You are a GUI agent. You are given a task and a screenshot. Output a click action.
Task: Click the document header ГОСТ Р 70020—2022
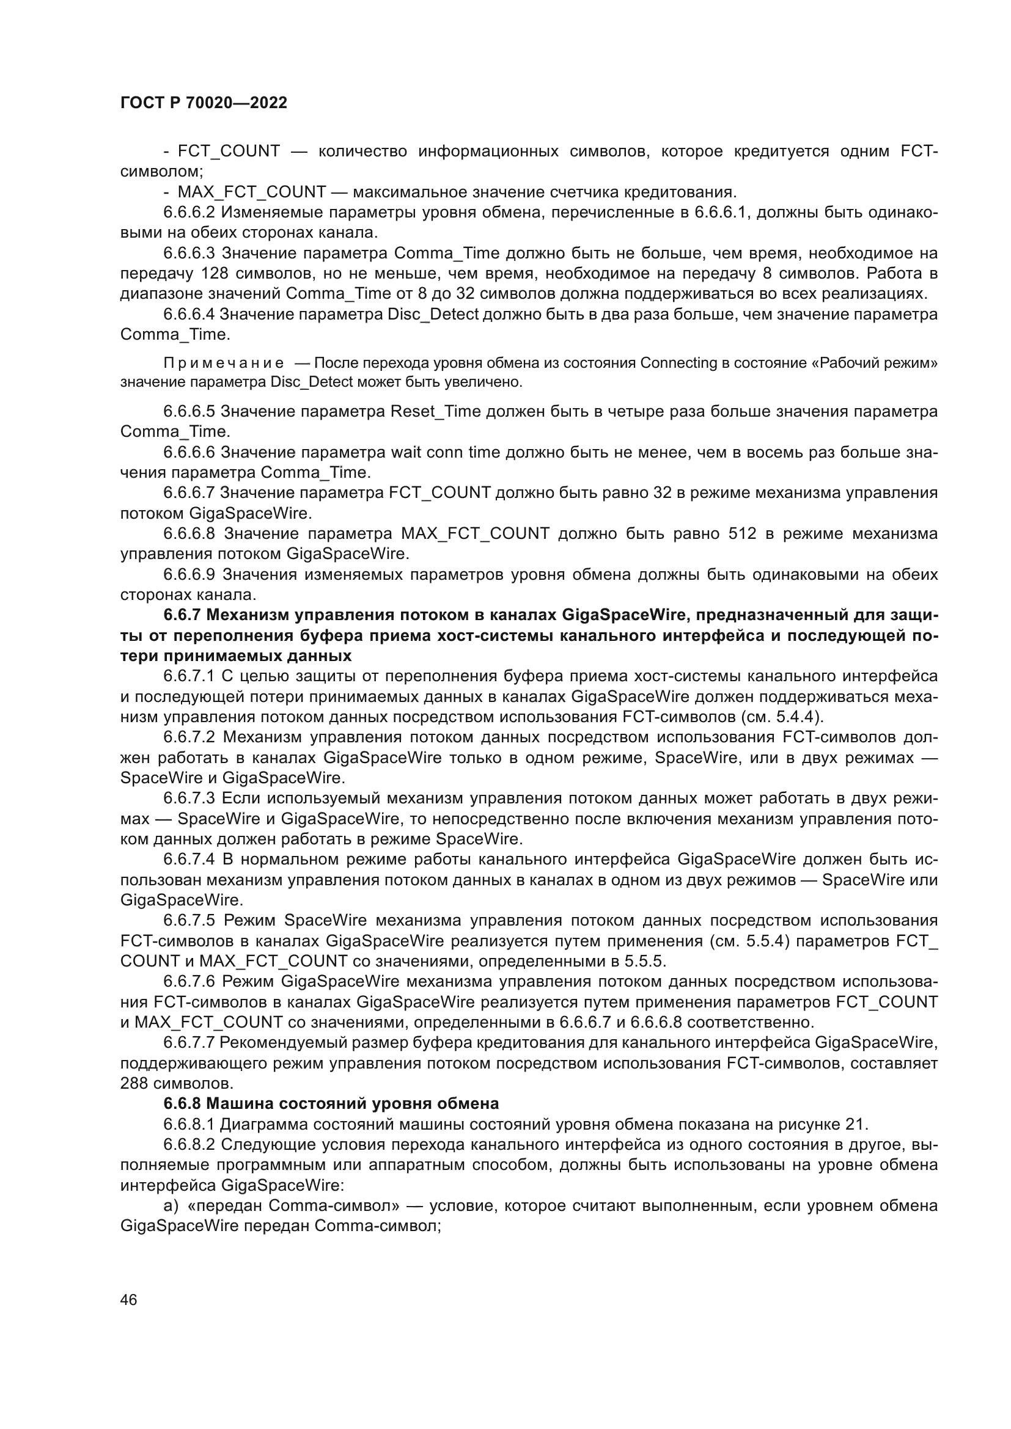tap(204, 103)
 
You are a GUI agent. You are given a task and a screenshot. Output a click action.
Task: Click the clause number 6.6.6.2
tap(189, 212)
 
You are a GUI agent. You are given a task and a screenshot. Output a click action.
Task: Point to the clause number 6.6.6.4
tap(189, 314)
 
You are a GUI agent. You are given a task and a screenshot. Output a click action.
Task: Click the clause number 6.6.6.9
tap(189, 574)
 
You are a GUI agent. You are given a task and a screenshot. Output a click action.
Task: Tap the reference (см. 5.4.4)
tap(782, 717)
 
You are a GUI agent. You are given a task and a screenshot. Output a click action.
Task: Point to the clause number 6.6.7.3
tap(189, 799)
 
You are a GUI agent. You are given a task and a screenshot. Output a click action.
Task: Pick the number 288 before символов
tap(134, 1083)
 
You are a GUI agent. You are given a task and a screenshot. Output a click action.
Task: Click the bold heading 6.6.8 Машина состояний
tap(331, 1103)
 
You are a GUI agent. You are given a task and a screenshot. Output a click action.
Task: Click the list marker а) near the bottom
tap(171, 1205)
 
